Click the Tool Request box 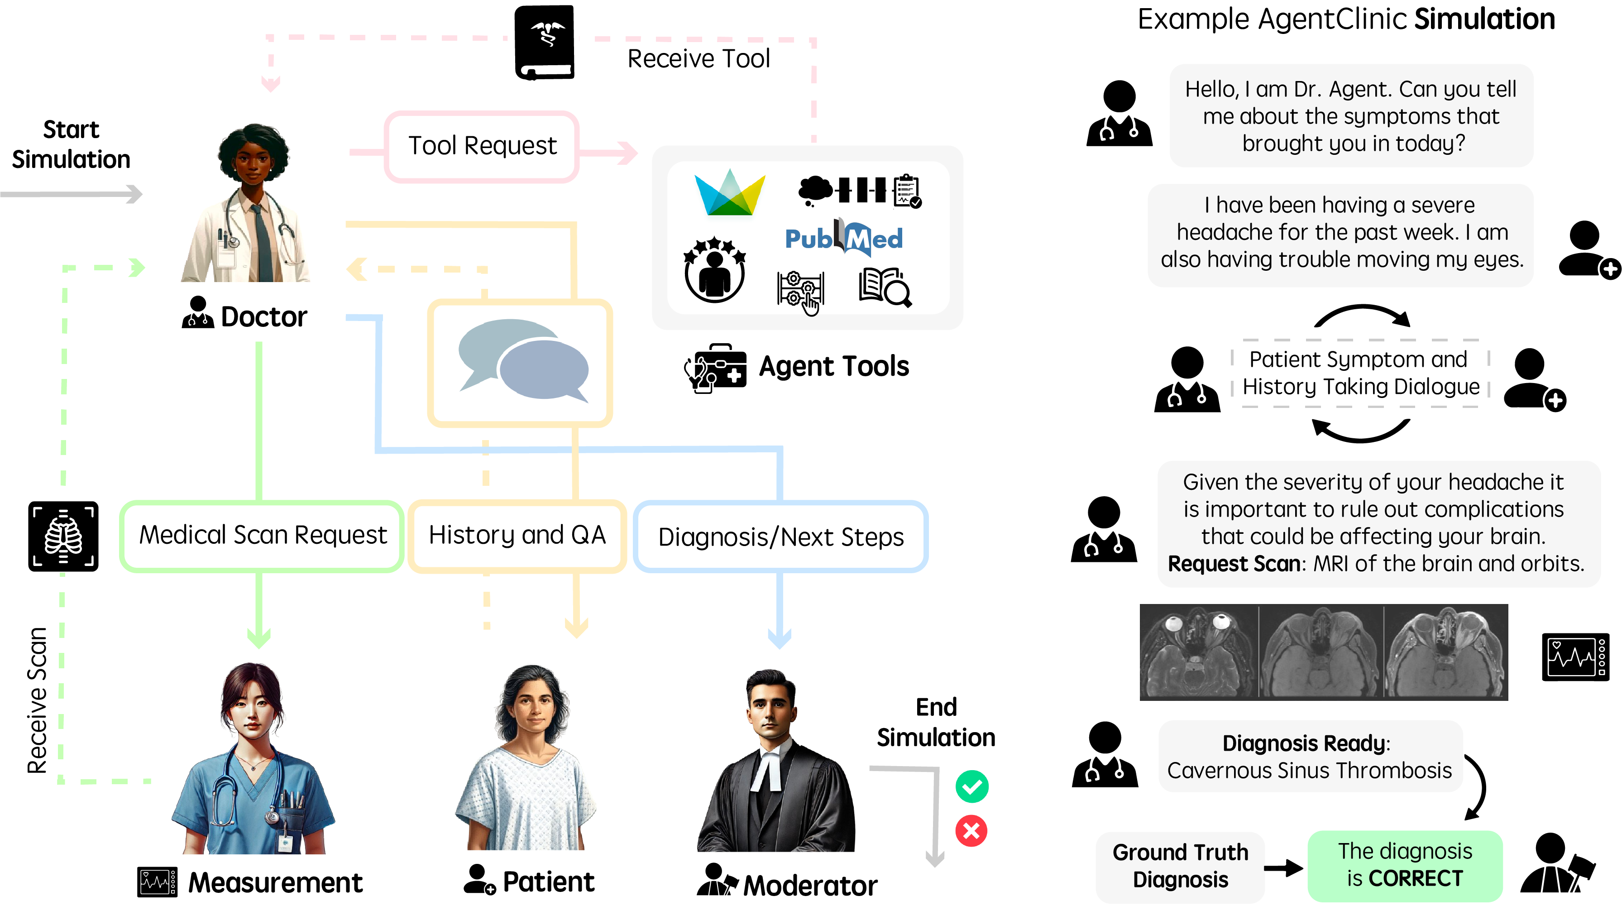click(482, 146)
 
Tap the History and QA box click(517, 536)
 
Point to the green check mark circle click(971, 786)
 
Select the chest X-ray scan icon click(63, 537)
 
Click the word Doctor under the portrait click(264, 316)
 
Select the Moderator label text click(810, 885)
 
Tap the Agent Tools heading click(834, 366)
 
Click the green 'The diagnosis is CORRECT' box click(1405, 866)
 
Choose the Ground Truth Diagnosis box click(1180, 866)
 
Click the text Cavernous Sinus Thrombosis click(1310, 771)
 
